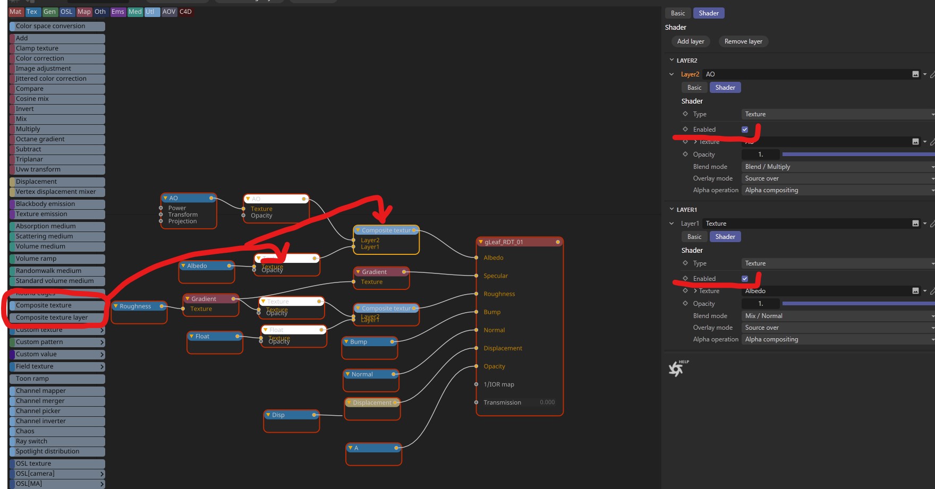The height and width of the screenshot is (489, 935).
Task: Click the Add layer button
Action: click(690, 41)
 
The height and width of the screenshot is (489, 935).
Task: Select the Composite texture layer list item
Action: click(52, 318)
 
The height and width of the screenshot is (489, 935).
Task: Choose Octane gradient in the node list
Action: click(40, 139)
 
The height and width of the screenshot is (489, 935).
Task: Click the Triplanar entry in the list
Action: click(30, 159)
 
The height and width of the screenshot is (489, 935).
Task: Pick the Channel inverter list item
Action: click(41, 421)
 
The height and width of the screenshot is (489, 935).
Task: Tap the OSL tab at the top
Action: click(66, 12)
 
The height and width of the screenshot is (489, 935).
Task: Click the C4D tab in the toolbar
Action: click(185, 12)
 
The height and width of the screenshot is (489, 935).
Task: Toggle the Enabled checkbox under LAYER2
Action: click(745, 130)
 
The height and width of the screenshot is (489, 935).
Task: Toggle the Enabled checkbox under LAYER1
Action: click(745, 279)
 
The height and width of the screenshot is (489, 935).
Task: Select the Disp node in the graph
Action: click(279, 415)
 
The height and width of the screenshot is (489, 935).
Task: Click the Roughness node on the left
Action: click(135, 306)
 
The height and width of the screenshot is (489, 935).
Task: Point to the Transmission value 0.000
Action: click(547, 402)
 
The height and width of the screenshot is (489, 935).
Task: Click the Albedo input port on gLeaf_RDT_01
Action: click(477, 258)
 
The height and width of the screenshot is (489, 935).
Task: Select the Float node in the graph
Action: click(202, 337)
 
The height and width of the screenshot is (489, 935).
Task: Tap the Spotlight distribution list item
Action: click(48, 451)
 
